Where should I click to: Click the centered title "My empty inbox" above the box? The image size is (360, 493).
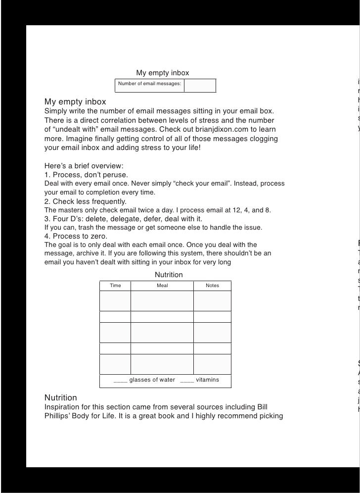162,73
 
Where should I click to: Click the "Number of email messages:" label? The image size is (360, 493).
149,84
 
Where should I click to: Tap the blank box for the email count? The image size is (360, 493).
200,86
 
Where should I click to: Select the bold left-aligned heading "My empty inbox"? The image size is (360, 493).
75,102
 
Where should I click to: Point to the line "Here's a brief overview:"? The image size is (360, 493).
84,166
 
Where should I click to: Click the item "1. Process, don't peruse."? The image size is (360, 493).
86,175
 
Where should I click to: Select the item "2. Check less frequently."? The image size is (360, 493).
86,201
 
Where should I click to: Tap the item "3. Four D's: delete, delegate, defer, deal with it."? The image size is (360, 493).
123,219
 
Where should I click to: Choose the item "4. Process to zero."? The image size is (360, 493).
76,236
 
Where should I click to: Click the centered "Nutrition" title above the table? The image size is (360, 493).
169,275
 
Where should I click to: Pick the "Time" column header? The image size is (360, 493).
115,286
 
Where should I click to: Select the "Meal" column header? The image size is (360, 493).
162,286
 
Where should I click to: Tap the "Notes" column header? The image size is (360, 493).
212,286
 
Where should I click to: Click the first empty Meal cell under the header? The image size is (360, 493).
162,301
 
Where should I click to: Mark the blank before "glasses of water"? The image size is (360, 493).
120,380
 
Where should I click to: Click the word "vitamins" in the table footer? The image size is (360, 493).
207,380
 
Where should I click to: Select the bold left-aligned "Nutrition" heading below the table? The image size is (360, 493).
61,397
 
